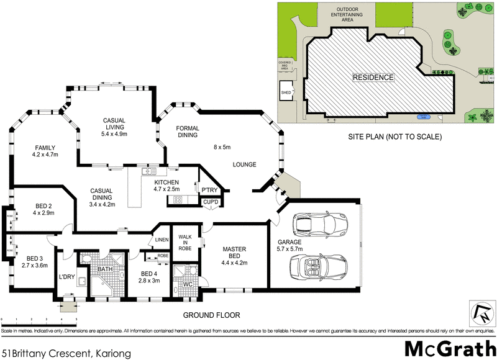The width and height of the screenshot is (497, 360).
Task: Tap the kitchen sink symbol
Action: tap(147, 172)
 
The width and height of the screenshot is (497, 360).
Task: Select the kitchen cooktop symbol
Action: tap(176, 200)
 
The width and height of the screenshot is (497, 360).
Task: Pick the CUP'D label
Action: tap(209, 202)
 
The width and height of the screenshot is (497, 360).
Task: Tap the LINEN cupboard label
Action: tap(162, 240)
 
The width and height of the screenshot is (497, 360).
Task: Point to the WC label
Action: tap(187, 285)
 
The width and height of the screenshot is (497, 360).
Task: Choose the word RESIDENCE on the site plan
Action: tap(373, 78)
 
